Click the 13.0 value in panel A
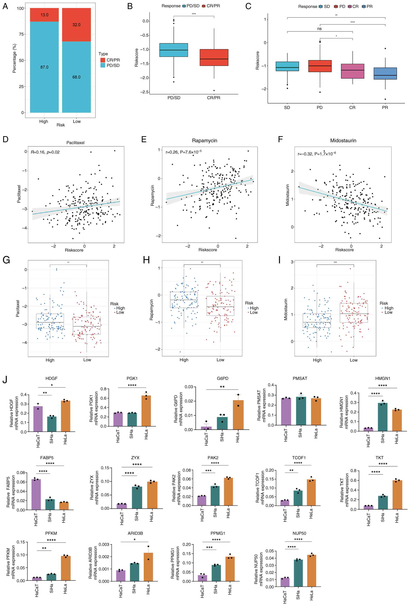[44, 15]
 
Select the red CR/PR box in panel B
[214, 57]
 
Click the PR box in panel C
[385, 74]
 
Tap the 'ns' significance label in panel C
[319, 29]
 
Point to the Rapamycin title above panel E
[204, 141]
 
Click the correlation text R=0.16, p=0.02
[45, 152]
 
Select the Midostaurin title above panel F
[343, 141]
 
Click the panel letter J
[5, 380]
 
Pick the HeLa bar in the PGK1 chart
[146, 411]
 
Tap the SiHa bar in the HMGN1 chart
[383, 417]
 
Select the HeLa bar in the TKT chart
[397, 495]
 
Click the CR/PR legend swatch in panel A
[103, 60]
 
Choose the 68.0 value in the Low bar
[76, 77]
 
